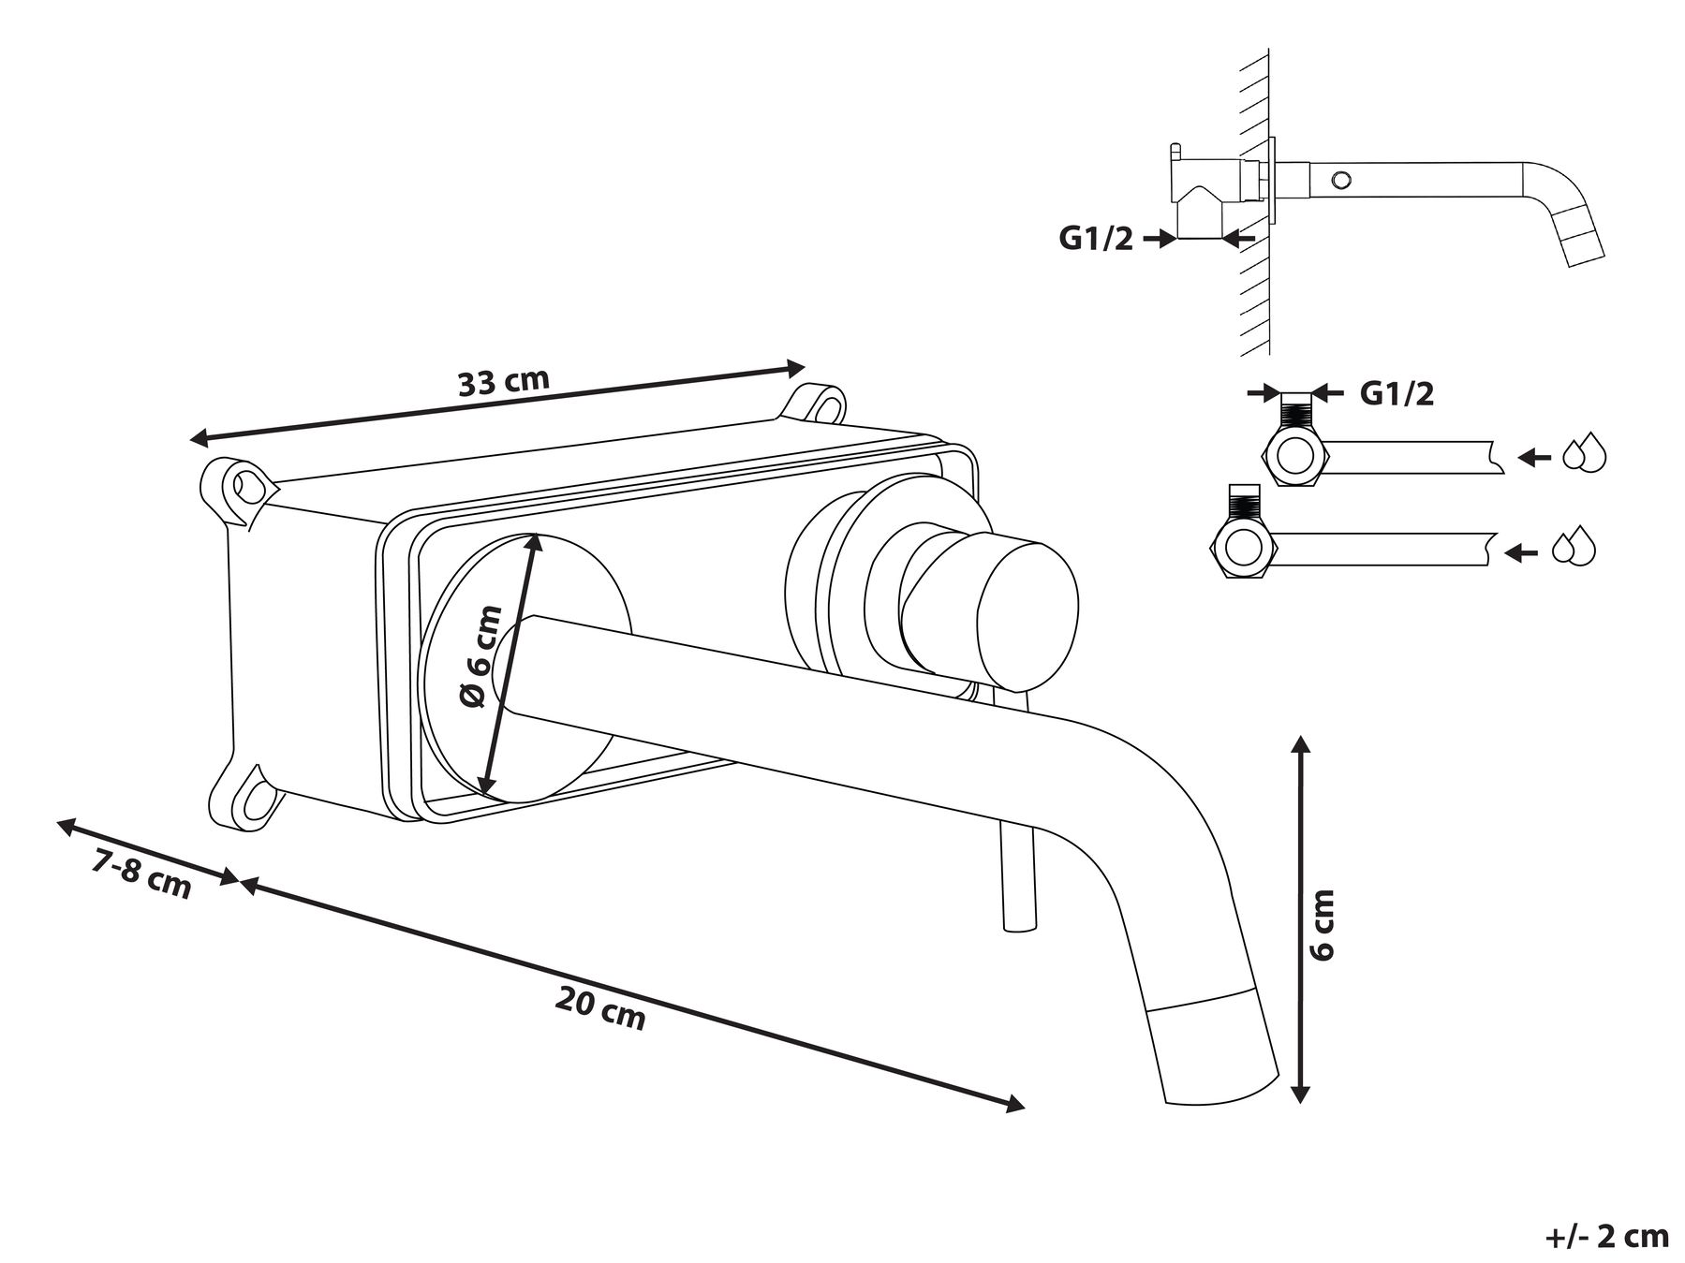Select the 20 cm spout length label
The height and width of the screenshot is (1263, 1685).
point(600,1008)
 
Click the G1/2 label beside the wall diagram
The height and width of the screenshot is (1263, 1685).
point(1096,239)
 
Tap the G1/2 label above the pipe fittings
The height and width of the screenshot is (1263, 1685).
point(1397,393)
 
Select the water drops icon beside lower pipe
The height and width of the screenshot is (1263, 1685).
point(1574,549)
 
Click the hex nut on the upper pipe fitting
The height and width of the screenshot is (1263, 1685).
point(1297,456)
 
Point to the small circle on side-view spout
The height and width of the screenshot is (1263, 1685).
point(1344,178)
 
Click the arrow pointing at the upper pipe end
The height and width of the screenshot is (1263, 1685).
point(1533,457)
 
